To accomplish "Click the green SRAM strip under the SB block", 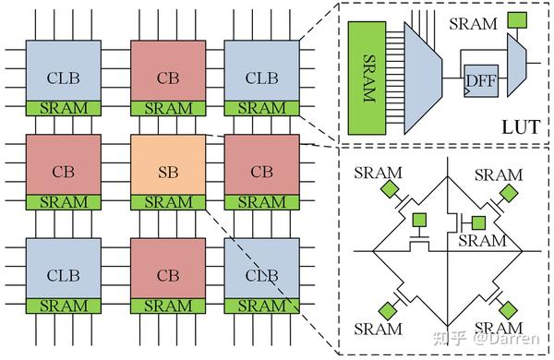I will [169, 201].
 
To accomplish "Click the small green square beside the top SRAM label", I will [518, 19].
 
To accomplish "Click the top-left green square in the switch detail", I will [391, 189].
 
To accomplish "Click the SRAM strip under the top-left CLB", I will [64, 108].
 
